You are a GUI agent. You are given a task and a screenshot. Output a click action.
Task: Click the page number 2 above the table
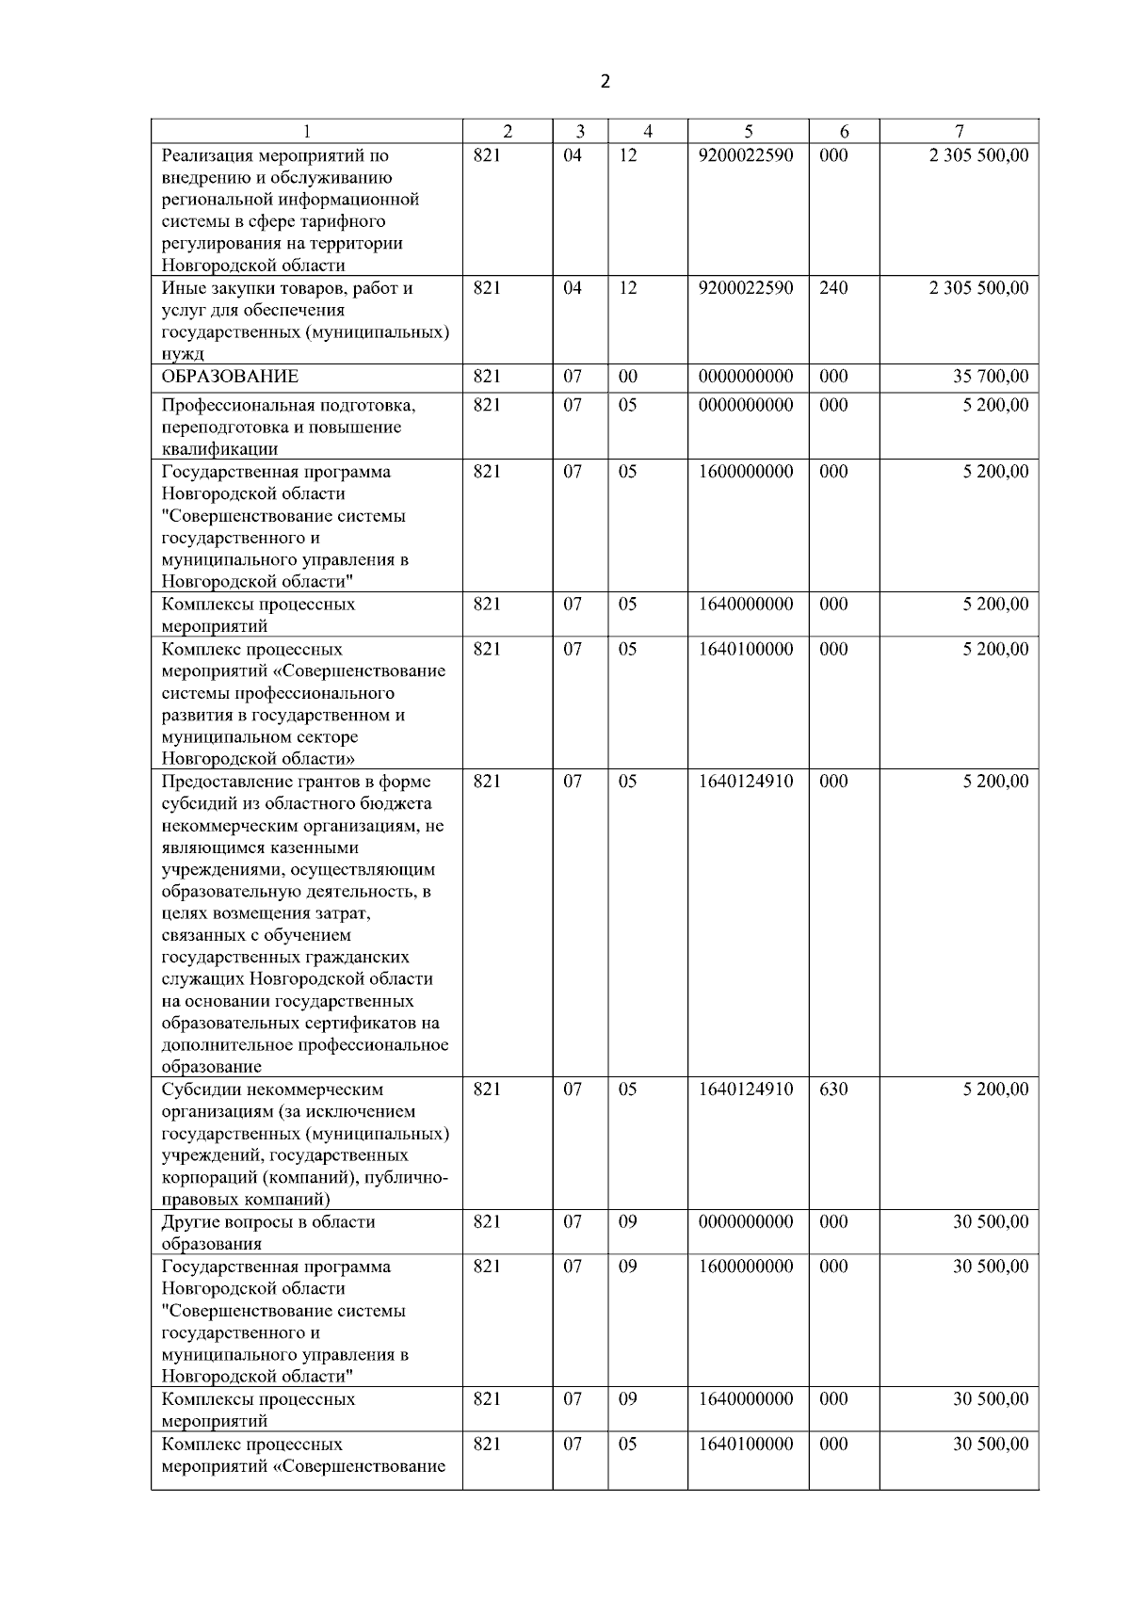pyautogui.click(x=605, y=81)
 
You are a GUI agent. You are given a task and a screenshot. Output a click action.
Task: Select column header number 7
pyautogui.click(x=959, y=132)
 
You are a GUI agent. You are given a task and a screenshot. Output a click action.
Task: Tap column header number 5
pyautogui.click(x=748, y=132)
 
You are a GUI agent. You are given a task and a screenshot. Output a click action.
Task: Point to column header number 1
pyautogui.click(x=306, y=132)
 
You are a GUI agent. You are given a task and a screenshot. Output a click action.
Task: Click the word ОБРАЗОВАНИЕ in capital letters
pyautogui.click(x=230, y=377)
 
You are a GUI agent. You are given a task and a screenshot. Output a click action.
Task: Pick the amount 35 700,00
pyautogui.click(x=991, y=377)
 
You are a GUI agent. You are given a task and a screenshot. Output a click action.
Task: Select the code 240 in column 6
pyautogui.click(x=833, y=288)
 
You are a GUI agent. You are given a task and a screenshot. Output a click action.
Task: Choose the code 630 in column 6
pyautogui.click(x=833, y=1090)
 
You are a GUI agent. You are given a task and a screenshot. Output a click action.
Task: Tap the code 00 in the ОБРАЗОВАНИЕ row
pyautogui.click(x=628, y=377)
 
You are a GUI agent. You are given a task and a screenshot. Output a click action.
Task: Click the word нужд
pyautogui.click(x=183, y=355)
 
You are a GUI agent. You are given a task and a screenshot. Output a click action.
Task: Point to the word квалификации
pyautogui.click(x=219, y=449)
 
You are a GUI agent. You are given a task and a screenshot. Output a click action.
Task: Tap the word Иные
pyautogui.click(x=182, y=288)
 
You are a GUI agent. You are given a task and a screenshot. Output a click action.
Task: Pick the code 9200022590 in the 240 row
pyautogui.click(x=746, y=288)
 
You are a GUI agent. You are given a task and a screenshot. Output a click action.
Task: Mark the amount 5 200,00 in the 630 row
pyautogui.click(x=995, y=1090)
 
